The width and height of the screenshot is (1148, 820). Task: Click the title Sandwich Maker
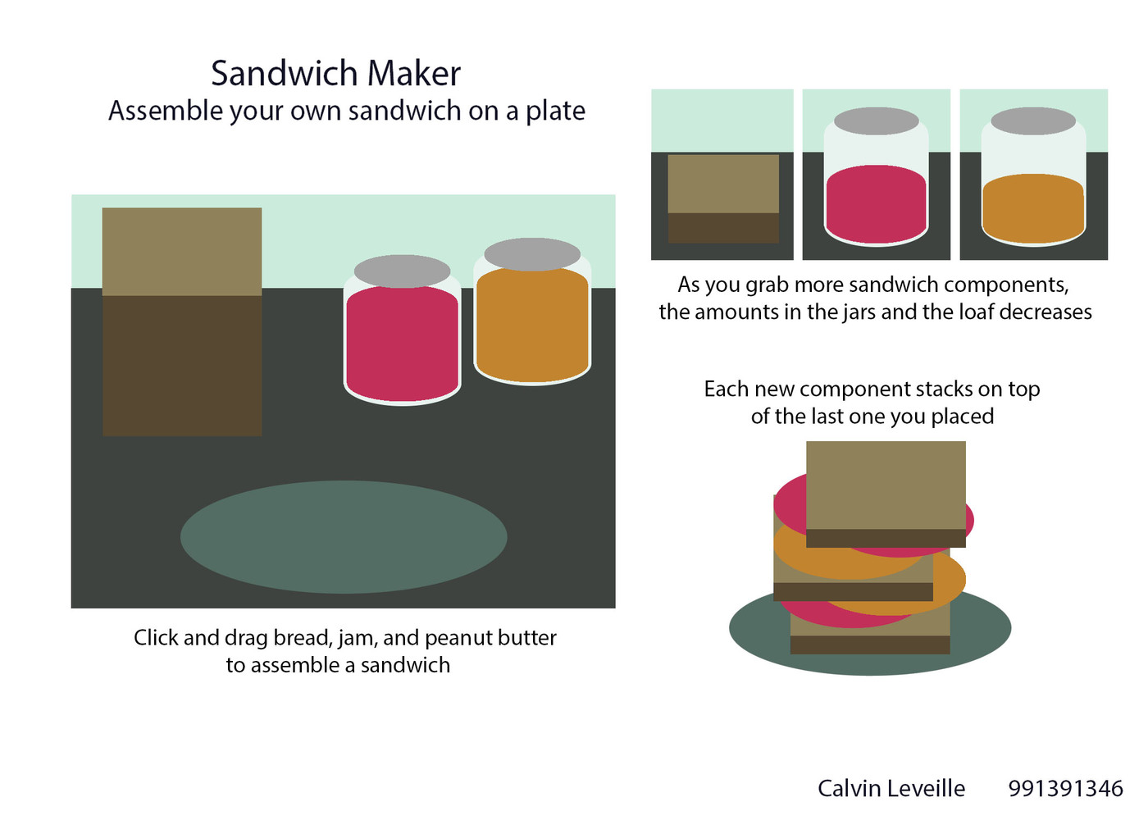coord(335,73)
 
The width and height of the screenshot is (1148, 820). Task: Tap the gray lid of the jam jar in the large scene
coord(403,271)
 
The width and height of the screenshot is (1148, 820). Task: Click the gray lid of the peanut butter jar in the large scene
coord(532,254)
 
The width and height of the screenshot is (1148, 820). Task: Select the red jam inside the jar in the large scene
coord(403,344)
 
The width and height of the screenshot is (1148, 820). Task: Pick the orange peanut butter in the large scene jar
coord(532,325)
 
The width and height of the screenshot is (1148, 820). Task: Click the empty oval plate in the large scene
coord(344,537)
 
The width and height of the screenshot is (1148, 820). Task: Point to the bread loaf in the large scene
coord(182,321)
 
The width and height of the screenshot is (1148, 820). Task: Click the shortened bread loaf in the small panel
coord(723,198)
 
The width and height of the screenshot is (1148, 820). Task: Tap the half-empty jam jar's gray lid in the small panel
coord(877,121)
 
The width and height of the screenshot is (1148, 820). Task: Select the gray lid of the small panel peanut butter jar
coord(1033,121)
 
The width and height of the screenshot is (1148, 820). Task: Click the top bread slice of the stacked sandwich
coord(886,494)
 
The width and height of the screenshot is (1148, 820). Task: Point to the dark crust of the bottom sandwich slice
coord(870,645)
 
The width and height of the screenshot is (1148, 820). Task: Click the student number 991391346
coord(1065,788)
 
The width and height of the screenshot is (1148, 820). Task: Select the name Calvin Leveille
coord(891,788)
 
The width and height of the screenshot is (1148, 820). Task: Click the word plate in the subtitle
coord(556,112)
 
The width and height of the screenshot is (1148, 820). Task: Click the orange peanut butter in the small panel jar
coord(1033,208)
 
